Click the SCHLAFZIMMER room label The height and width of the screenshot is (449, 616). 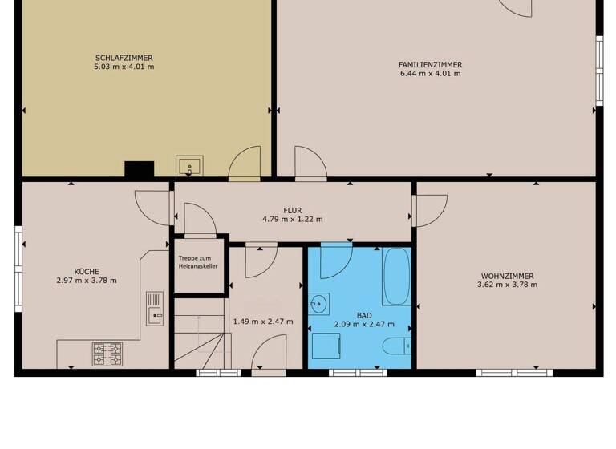[124, 58]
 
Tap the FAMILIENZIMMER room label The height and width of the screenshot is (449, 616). [430, 64]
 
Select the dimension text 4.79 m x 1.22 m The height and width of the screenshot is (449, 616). [292, 219]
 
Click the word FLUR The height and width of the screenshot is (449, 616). [292, 210]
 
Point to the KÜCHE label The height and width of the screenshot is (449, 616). [87, 272]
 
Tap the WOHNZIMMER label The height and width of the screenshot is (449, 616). [505, 276]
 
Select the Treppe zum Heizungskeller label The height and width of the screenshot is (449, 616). [199, 262]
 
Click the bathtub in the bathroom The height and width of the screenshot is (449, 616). [396, 276]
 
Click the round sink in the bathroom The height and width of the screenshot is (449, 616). [319, 304]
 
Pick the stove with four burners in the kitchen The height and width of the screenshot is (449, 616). [107, 352]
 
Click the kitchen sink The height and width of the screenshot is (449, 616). [155, 309]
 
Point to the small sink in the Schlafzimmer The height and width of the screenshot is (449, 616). [190, 167]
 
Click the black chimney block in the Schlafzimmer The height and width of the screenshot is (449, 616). [139, 169]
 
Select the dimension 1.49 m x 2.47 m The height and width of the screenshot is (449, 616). [262, 322]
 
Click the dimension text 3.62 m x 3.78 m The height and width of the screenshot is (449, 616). [505, 285]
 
